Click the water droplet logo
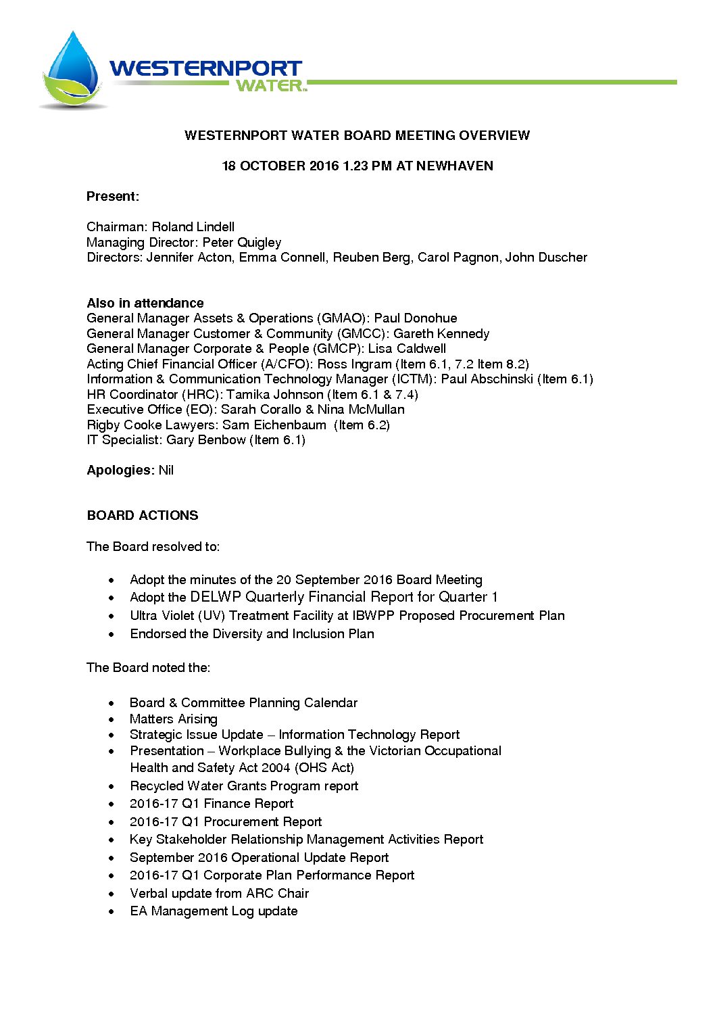(72, 70)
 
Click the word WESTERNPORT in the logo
(205, 68)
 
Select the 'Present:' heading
(113, 197)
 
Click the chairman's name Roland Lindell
(193, 227)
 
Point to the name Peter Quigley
(242, 242)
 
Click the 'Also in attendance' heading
(145, 303)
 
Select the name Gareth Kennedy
(441, 334)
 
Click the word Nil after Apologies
(166, 471)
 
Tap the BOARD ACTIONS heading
(143, 516)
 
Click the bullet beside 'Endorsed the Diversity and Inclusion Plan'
(112, 635)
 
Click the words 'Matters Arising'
(174, 719)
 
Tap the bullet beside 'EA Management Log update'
(112, 912)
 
